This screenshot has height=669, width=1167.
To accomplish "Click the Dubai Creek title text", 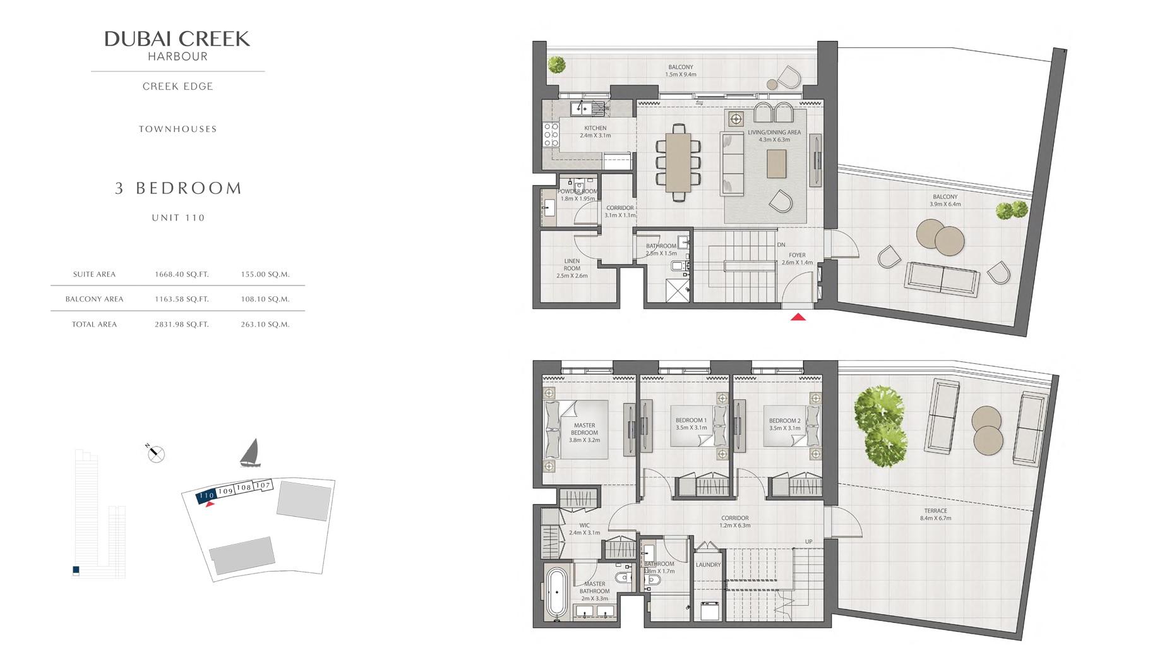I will (x=177, y=39).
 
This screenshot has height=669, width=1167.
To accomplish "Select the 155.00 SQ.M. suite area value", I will (x=265, y=274).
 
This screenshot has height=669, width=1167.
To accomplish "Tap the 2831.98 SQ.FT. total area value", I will (x=181, y=324).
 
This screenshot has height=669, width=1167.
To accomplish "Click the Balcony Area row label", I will (x=94, y=299).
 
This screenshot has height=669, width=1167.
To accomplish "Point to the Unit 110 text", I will (x=178, y=217).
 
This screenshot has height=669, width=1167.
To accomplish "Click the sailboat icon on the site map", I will (x=251, y=453).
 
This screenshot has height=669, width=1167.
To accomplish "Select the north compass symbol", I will (x=155, y=453).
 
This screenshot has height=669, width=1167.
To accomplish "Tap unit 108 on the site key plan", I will (x=244, y=487).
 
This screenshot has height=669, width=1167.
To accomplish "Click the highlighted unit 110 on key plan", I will (x=206, y=495).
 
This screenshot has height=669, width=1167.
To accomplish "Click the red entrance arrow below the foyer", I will (x=798, y=317).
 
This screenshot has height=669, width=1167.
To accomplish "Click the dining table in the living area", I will (x=678, y=163).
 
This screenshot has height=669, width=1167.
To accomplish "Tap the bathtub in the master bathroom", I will (x=556, y=592).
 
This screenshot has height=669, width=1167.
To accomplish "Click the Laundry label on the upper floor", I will (x=708, y=565).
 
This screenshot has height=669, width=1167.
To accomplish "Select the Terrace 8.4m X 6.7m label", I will (x=935, y=514).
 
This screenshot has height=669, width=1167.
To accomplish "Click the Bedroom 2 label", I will (x=784, y=424).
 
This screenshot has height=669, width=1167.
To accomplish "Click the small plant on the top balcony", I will (x=556, y=64).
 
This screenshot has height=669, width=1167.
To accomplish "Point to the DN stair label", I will (x=781, y=244).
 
